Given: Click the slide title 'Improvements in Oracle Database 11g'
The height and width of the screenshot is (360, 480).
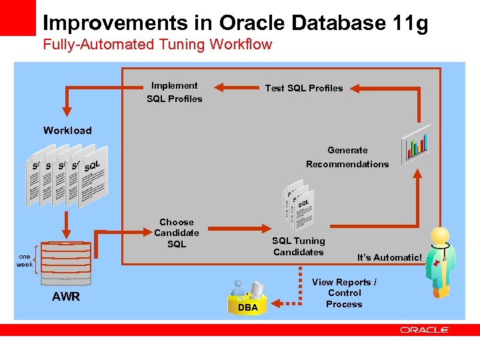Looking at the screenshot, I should [x=235, y=23].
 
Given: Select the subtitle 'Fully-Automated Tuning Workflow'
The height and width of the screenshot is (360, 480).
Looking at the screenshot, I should [x=157, y=45].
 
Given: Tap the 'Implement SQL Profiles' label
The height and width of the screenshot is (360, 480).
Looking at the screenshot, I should [x=174, y=92].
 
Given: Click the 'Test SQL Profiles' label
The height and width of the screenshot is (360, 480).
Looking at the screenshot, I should [x=304, y=88].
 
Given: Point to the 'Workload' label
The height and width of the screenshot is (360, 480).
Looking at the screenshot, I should [x=67, y=130].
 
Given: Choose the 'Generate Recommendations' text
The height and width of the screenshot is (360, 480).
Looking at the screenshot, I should [x=347, y=157].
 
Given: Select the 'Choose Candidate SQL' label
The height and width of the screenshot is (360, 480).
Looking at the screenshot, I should [x=177, y=233].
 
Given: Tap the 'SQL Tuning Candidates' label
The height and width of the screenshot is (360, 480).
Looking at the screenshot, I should [x=299, y=246].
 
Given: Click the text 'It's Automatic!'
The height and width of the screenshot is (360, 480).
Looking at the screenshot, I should [x=389, y=257].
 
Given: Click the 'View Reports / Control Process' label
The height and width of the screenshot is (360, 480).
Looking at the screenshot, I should [x=344, y=293].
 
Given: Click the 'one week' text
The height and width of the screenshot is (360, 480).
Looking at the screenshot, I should [x=25, y=261].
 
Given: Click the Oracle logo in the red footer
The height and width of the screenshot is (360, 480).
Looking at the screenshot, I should [x=425, y=329].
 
